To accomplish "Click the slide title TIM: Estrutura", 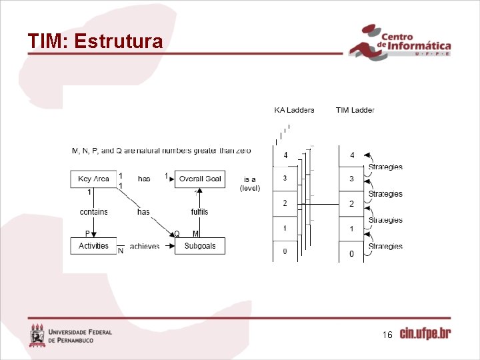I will (x=95, y=42).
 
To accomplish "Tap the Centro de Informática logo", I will (x=400, y=43).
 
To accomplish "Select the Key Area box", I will (x=93, y=179).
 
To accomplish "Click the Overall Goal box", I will (x=200, y=179).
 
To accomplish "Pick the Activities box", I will (x=93, y=246).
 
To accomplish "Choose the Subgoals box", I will (x=200, y=246).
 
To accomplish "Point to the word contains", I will (x=93, y=211).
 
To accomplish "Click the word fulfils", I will (x=199, y=211).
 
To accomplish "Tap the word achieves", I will (x=145, y=247).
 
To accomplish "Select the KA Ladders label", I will (x=294, y=110).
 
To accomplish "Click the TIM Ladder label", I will (x=355, y=110).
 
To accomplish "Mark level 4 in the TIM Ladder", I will (x=352, y=156).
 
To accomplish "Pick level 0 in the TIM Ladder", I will (x=352, y=254).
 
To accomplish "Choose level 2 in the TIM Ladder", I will (x=352, y=204).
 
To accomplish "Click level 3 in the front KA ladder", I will (x=285, y=178).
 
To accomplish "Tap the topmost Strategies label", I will (x=385, y=167).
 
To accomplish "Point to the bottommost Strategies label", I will (x=385, y=247).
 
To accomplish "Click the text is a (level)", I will (x=250, y=183).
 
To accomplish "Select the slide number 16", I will (x=387, y=335).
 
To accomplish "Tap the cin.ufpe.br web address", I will (x=425, y=334).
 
